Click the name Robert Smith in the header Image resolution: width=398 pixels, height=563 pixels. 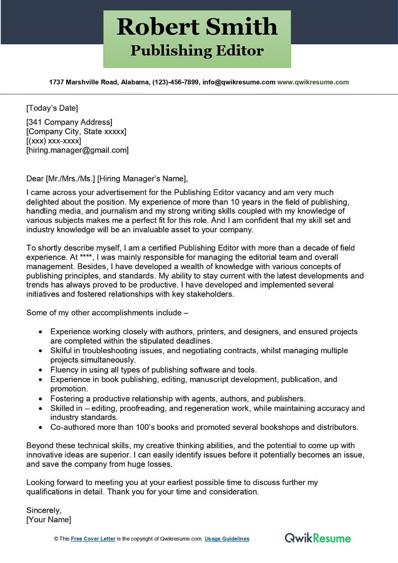[x=197, y=26]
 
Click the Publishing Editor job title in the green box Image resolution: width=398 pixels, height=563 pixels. [x=197, y=51]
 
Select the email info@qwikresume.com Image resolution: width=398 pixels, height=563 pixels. [x=239, y=82]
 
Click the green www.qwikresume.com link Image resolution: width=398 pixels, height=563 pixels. [x=313, y=82]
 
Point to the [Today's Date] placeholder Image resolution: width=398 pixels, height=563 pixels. [x=52, y=108]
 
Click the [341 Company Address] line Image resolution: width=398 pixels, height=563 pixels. [x=69, y=122]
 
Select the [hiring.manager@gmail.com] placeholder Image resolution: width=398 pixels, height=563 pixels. [x=77, y=150]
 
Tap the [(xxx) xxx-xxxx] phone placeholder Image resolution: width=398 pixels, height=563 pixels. [x=53, y=141]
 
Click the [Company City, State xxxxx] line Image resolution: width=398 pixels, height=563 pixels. [x=76, y=132]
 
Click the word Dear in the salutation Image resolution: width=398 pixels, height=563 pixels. [x=35, y=179]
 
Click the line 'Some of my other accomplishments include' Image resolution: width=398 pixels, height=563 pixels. [x=107, y=313]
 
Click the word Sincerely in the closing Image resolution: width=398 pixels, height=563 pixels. [x=44, y=510]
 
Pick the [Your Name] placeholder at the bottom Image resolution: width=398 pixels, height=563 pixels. [x=49, y=520]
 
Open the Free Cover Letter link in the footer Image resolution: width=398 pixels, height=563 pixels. [x=93, y=539]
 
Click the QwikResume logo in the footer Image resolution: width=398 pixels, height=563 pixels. [x=317, y=538]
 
